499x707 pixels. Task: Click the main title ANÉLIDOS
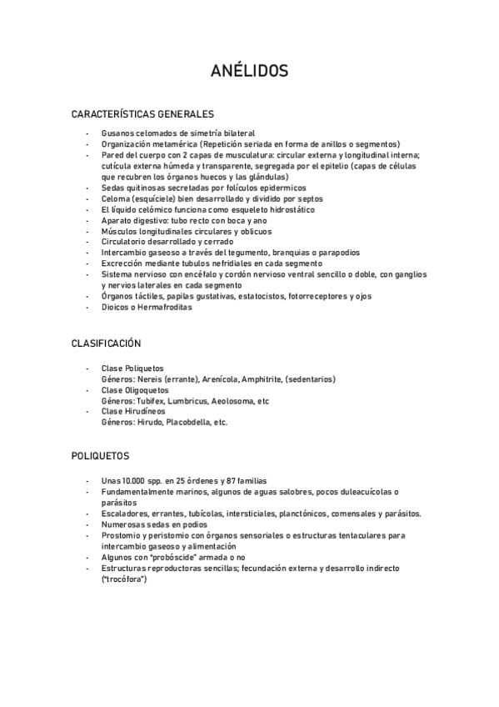(249, 72)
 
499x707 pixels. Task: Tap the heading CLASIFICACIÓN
(106, 343)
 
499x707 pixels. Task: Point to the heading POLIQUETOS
(100, 456)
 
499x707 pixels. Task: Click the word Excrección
(124, 263)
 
